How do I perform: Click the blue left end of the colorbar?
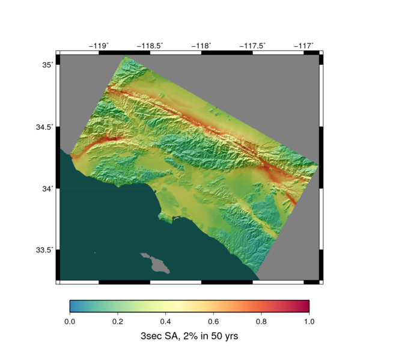[x=73, y=306]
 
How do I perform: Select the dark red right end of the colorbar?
[x=305, y=306]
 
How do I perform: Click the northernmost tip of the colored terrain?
[x=125, y=57]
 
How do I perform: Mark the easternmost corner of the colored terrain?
[x=317, y=165]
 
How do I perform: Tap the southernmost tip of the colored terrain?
[x=259, y=278]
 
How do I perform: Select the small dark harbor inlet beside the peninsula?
[x=175, y=218]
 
